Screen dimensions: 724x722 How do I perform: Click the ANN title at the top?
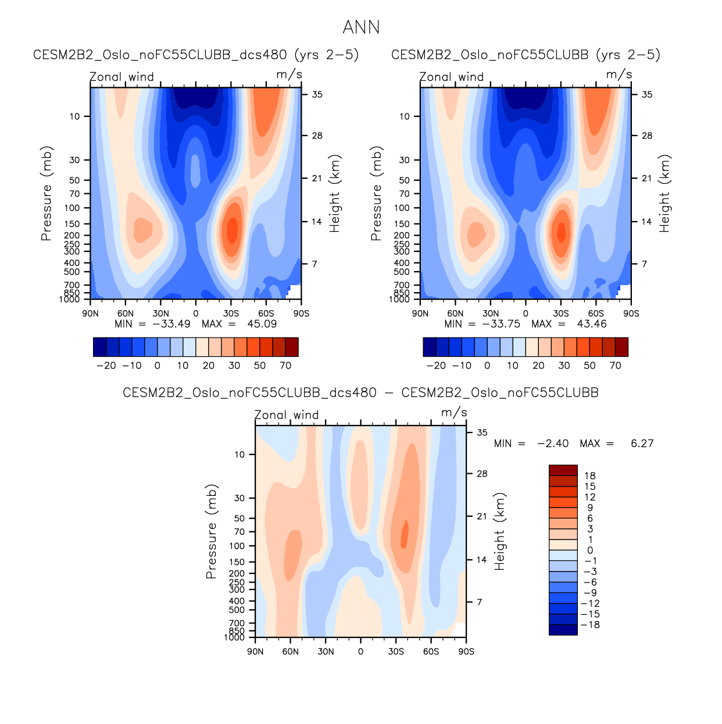[x=361, y=27]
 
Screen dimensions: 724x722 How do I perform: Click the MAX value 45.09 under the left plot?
[x=262, y=324]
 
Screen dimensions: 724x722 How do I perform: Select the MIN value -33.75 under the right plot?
[x=501, y=324]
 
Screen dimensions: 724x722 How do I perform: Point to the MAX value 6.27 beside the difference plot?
[x=642, y=443]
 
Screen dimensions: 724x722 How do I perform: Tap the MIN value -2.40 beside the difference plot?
[x=553, y=443]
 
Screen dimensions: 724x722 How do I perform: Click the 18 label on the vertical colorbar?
[x=590, y=476]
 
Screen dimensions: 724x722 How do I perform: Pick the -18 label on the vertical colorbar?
[x=590, y=625]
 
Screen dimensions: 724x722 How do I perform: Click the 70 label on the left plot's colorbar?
[x=285, y=366]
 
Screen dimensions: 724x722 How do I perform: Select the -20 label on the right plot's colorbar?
[x=436, y=366]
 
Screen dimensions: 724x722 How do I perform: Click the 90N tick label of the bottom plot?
[x=255, y=652]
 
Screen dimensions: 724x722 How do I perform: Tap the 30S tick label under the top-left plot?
[x=231, y=314]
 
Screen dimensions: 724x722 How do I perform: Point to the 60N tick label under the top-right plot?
[x=455, y=314]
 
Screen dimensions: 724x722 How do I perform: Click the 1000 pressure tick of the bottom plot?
[x=234, y=638]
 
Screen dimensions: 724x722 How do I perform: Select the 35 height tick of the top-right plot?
[x=647, y=95]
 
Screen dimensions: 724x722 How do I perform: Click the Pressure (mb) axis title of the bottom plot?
[x=211, y=531]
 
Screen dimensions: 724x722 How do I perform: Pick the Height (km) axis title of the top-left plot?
[x=334, y=194]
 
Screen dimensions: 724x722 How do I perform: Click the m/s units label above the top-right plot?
[x=619, y=74]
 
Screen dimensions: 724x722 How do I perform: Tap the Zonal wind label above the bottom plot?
[x=287, y=415]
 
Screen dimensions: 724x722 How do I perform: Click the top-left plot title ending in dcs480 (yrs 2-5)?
[x=196, y=55]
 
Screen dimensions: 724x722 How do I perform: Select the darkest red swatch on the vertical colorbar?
[x=563, y=470]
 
